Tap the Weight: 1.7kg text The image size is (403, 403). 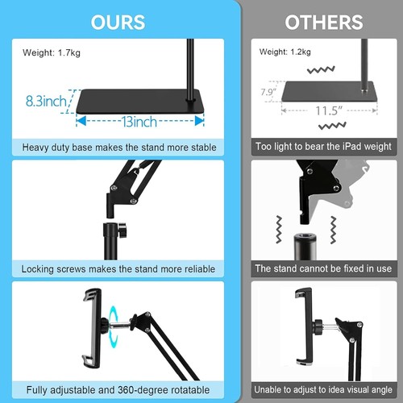(50, 52)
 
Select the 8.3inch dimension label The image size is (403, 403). (45, 102)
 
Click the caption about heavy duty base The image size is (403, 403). (118, 147)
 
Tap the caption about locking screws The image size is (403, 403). (118, 268)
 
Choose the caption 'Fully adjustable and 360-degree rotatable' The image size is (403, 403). (118, 389)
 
